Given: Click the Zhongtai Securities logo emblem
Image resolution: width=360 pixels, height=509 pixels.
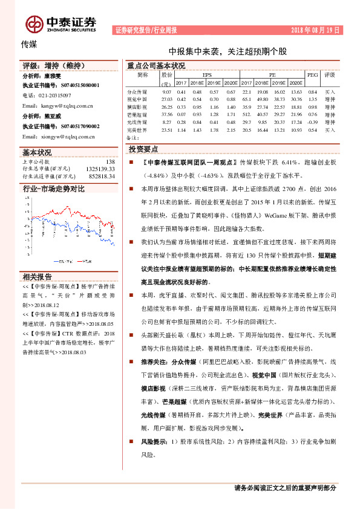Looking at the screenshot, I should (34, 23).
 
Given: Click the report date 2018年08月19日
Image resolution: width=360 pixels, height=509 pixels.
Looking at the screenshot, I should (316, 30).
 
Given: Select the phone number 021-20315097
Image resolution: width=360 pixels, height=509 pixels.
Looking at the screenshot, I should (54, 96).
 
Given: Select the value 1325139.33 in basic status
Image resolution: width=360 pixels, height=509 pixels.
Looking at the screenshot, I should (100, 169).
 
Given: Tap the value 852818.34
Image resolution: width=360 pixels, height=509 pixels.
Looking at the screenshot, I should (102, 176).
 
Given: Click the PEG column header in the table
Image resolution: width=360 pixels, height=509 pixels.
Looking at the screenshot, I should (312, 75).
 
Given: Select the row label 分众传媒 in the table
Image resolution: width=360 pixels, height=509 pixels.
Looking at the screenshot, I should (137, 91).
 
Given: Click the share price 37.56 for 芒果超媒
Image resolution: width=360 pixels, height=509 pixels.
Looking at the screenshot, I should (167, 114).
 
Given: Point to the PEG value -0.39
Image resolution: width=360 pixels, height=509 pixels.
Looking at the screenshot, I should (312, 122).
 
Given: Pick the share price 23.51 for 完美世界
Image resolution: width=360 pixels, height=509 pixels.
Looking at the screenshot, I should (167, 130).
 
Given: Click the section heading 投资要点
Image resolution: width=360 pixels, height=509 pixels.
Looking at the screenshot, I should (143, 149).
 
